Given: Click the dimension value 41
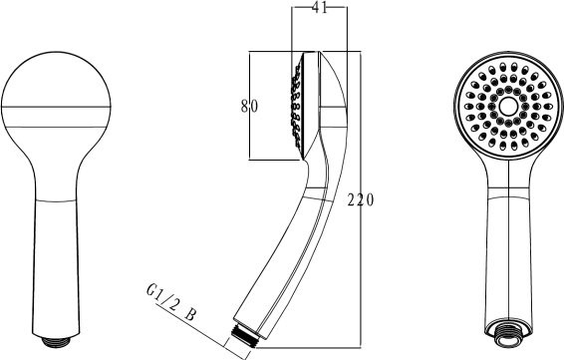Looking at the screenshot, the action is point(320,8).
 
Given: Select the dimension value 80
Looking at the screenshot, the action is point(249,106).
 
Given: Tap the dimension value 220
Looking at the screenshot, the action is point(361,199).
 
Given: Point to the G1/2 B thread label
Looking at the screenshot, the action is point(171,302).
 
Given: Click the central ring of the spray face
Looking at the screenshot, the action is point(508,106).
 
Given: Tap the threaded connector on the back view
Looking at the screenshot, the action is point(56,341).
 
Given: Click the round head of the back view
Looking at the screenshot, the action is point(56,108).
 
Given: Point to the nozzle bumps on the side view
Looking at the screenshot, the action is point(297,106).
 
